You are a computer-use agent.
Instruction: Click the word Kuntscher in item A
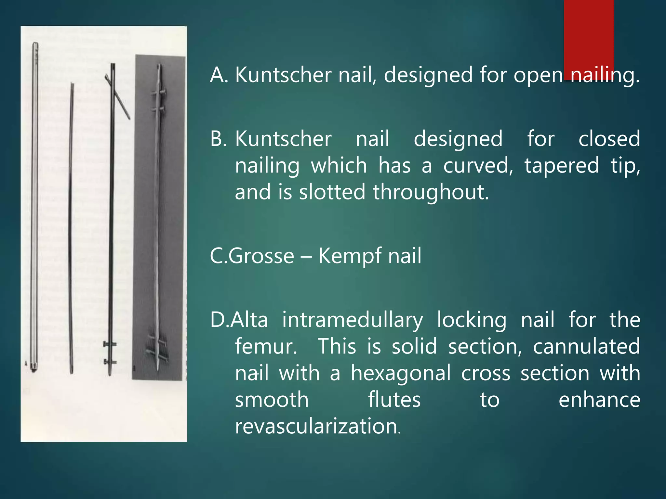283,75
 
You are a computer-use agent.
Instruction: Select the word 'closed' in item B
609,139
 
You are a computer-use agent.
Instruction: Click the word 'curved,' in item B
478,166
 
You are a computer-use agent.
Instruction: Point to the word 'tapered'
562,166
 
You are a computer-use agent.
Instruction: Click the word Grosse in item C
261,256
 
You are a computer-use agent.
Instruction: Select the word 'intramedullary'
353,320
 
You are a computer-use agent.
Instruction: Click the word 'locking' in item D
472,320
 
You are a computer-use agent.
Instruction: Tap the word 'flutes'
394,400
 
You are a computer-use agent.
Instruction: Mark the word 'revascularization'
316,426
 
